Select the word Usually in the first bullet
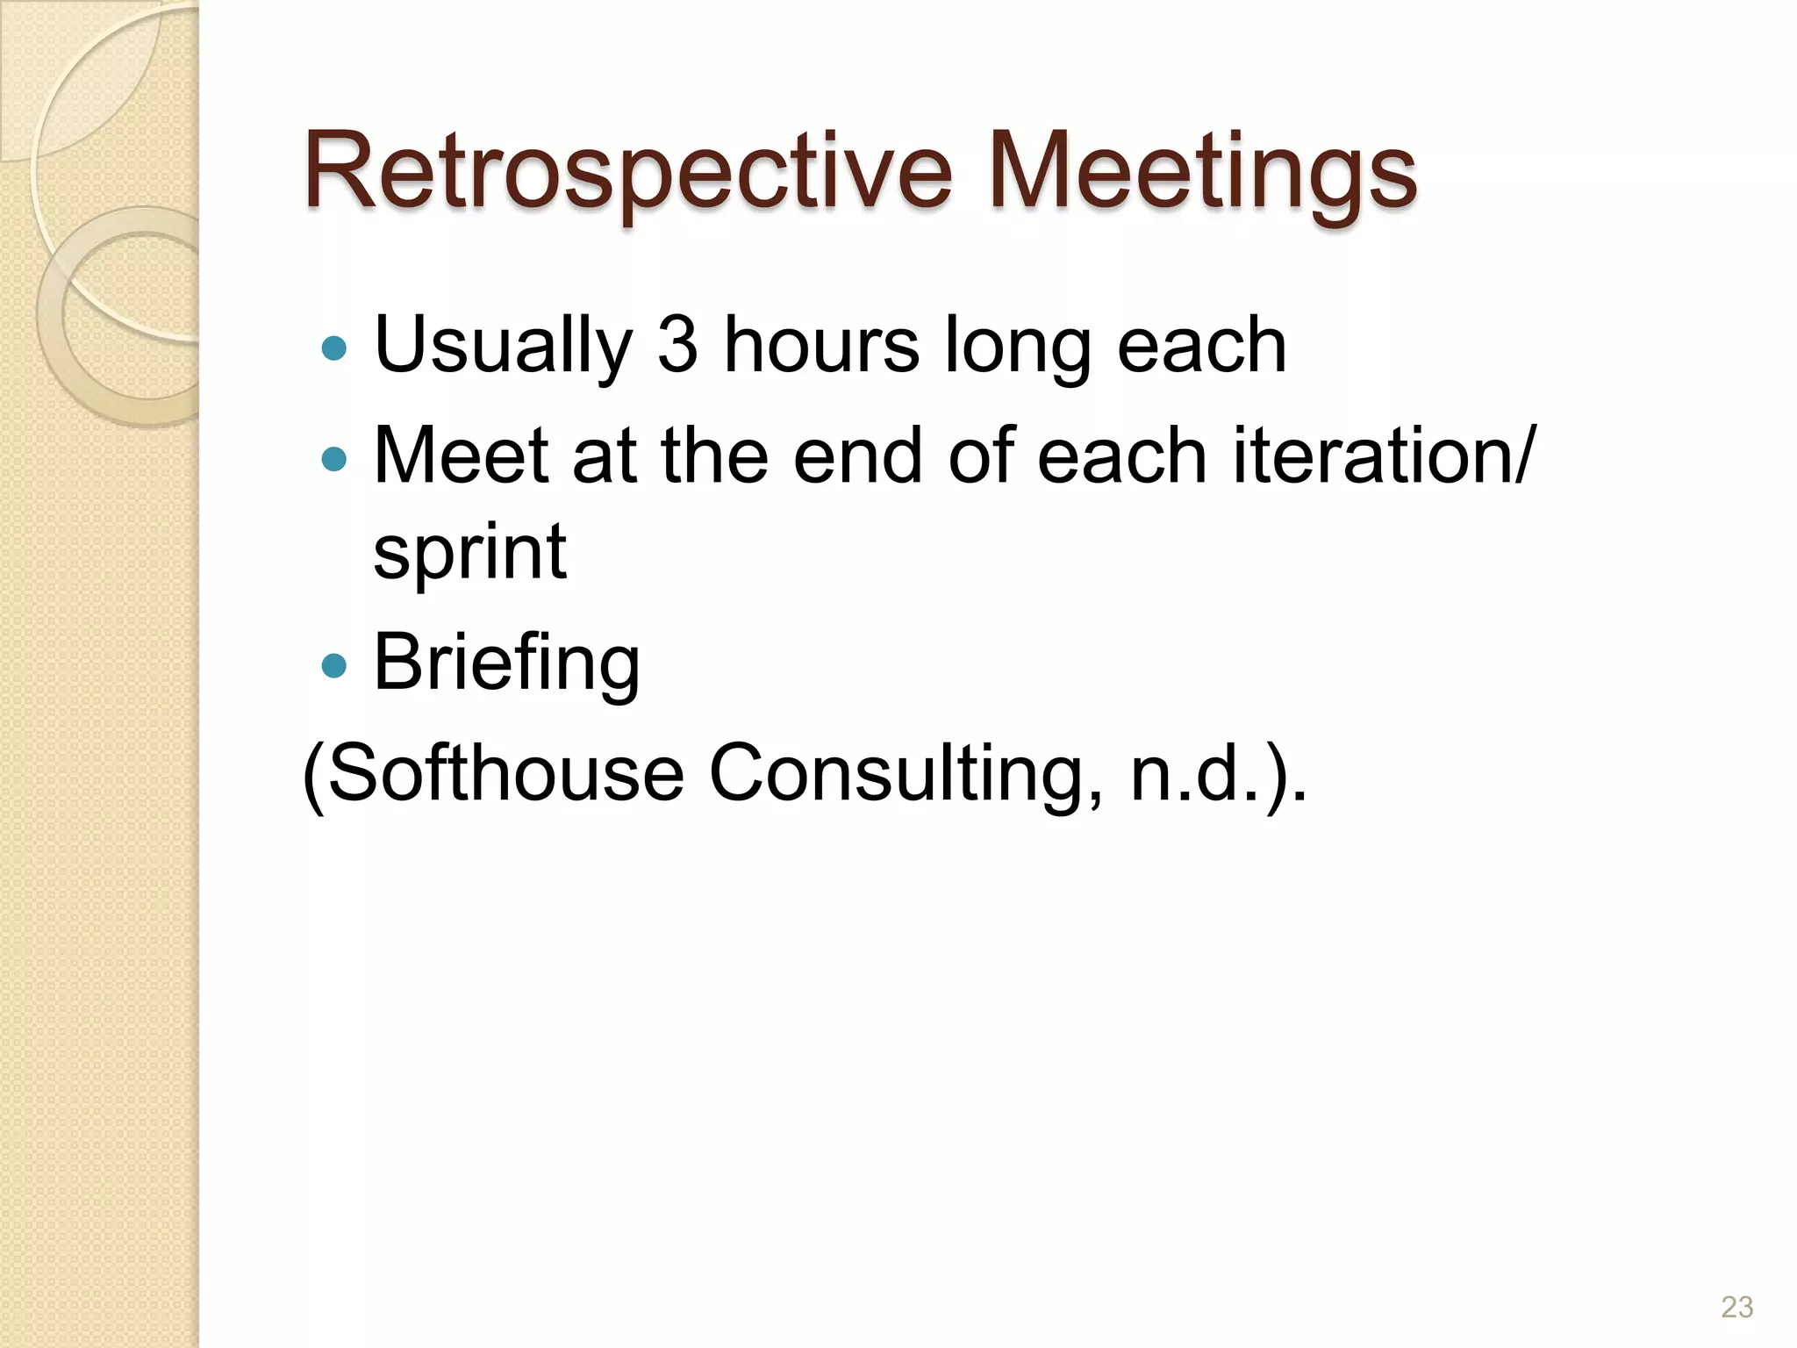click(503, 346)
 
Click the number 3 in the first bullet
click(677, 344)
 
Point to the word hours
click(821, 344)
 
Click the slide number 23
click(1736, 1307)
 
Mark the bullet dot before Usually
click(334, 349)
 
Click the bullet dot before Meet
click(334, 459)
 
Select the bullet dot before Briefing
click(334, 666)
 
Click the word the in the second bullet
click(714, 455)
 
